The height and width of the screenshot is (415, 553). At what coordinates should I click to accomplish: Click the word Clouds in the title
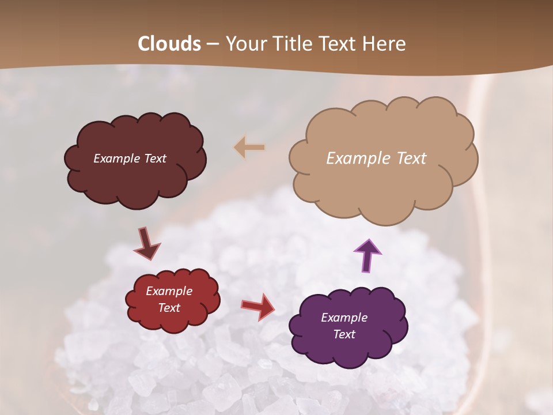(169, 44)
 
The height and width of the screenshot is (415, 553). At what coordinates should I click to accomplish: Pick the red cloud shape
(173, 320)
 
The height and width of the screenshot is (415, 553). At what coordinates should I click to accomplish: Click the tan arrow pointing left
(249, 148)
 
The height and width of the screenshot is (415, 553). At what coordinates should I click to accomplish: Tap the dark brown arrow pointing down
(147, 243)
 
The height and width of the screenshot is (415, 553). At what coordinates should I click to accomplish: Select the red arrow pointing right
(257, 306)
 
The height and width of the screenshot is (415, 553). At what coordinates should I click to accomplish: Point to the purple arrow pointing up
(367, 255)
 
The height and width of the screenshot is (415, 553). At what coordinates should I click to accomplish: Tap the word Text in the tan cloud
(411, 158)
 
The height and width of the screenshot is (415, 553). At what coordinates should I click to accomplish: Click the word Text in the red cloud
(169, 308)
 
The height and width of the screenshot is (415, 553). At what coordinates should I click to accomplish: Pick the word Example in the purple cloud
(344, 318)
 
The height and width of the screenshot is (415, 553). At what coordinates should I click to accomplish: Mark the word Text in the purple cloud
(344, 334)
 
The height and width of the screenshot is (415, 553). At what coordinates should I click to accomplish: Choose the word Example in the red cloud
(169, 291)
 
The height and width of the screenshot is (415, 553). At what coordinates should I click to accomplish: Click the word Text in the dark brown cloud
(155, 158)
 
